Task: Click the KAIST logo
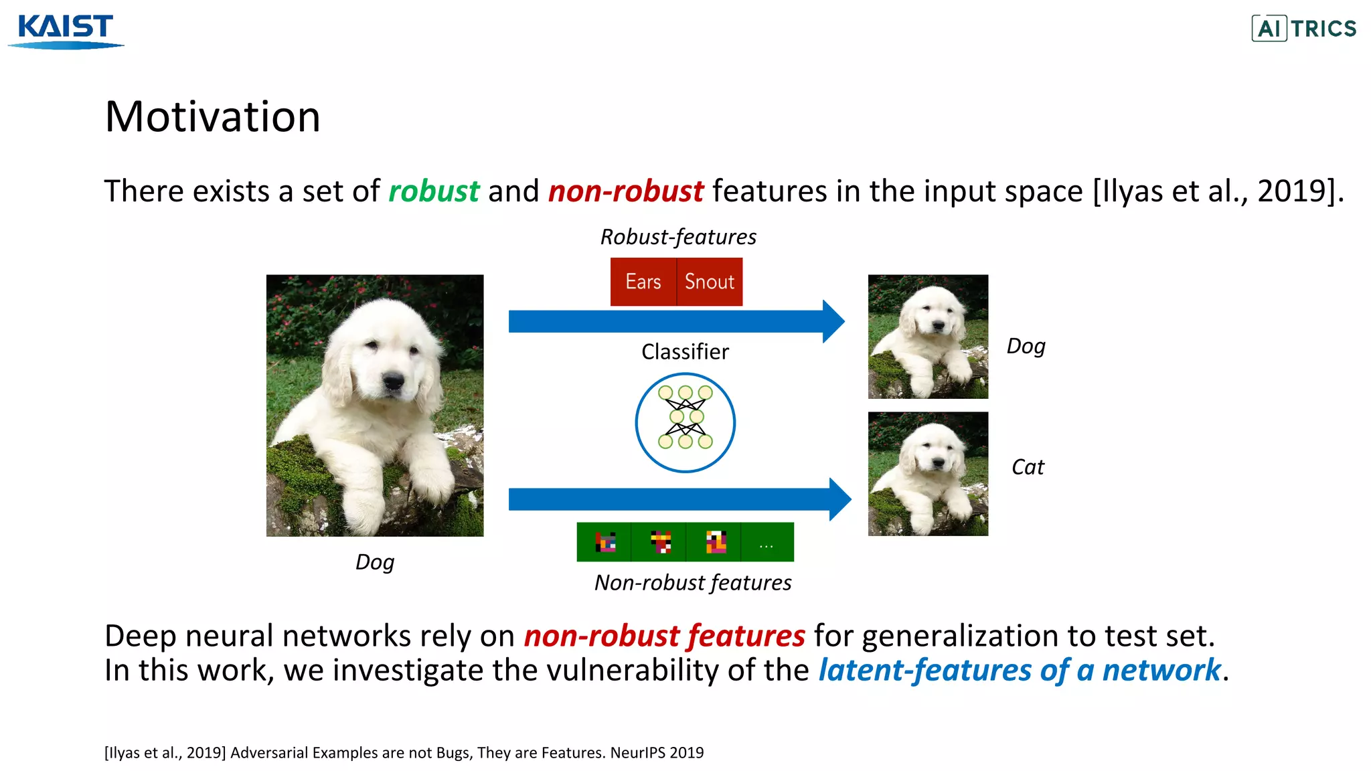66,30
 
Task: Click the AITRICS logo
1303,29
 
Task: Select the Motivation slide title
212,117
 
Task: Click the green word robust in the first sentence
434,191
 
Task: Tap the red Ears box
643,282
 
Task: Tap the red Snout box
710,282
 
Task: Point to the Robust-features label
677,237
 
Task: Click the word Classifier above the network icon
685,352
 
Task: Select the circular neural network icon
685,422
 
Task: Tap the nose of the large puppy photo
393,381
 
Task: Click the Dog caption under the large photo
375,562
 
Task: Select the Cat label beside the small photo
1028,467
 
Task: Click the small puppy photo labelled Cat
928,474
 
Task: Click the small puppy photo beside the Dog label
928,337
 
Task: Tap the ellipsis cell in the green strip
767,542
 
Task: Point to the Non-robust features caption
693,583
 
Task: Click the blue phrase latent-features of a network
1020,671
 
